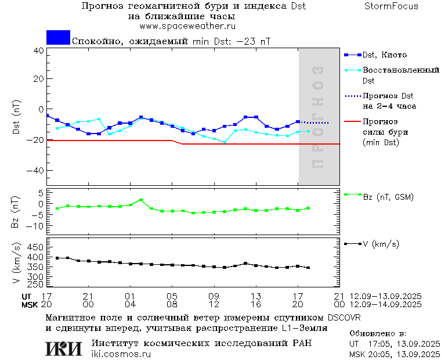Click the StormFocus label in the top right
pos(391,6)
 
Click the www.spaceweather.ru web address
pos(187,26)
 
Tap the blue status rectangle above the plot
pos(58,37)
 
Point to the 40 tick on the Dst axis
pos(38,50)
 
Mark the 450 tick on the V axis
pos(37,246)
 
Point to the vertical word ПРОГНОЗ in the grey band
pos(317,117)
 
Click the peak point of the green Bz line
pos(140,200)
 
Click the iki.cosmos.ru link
pos(121,354)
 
